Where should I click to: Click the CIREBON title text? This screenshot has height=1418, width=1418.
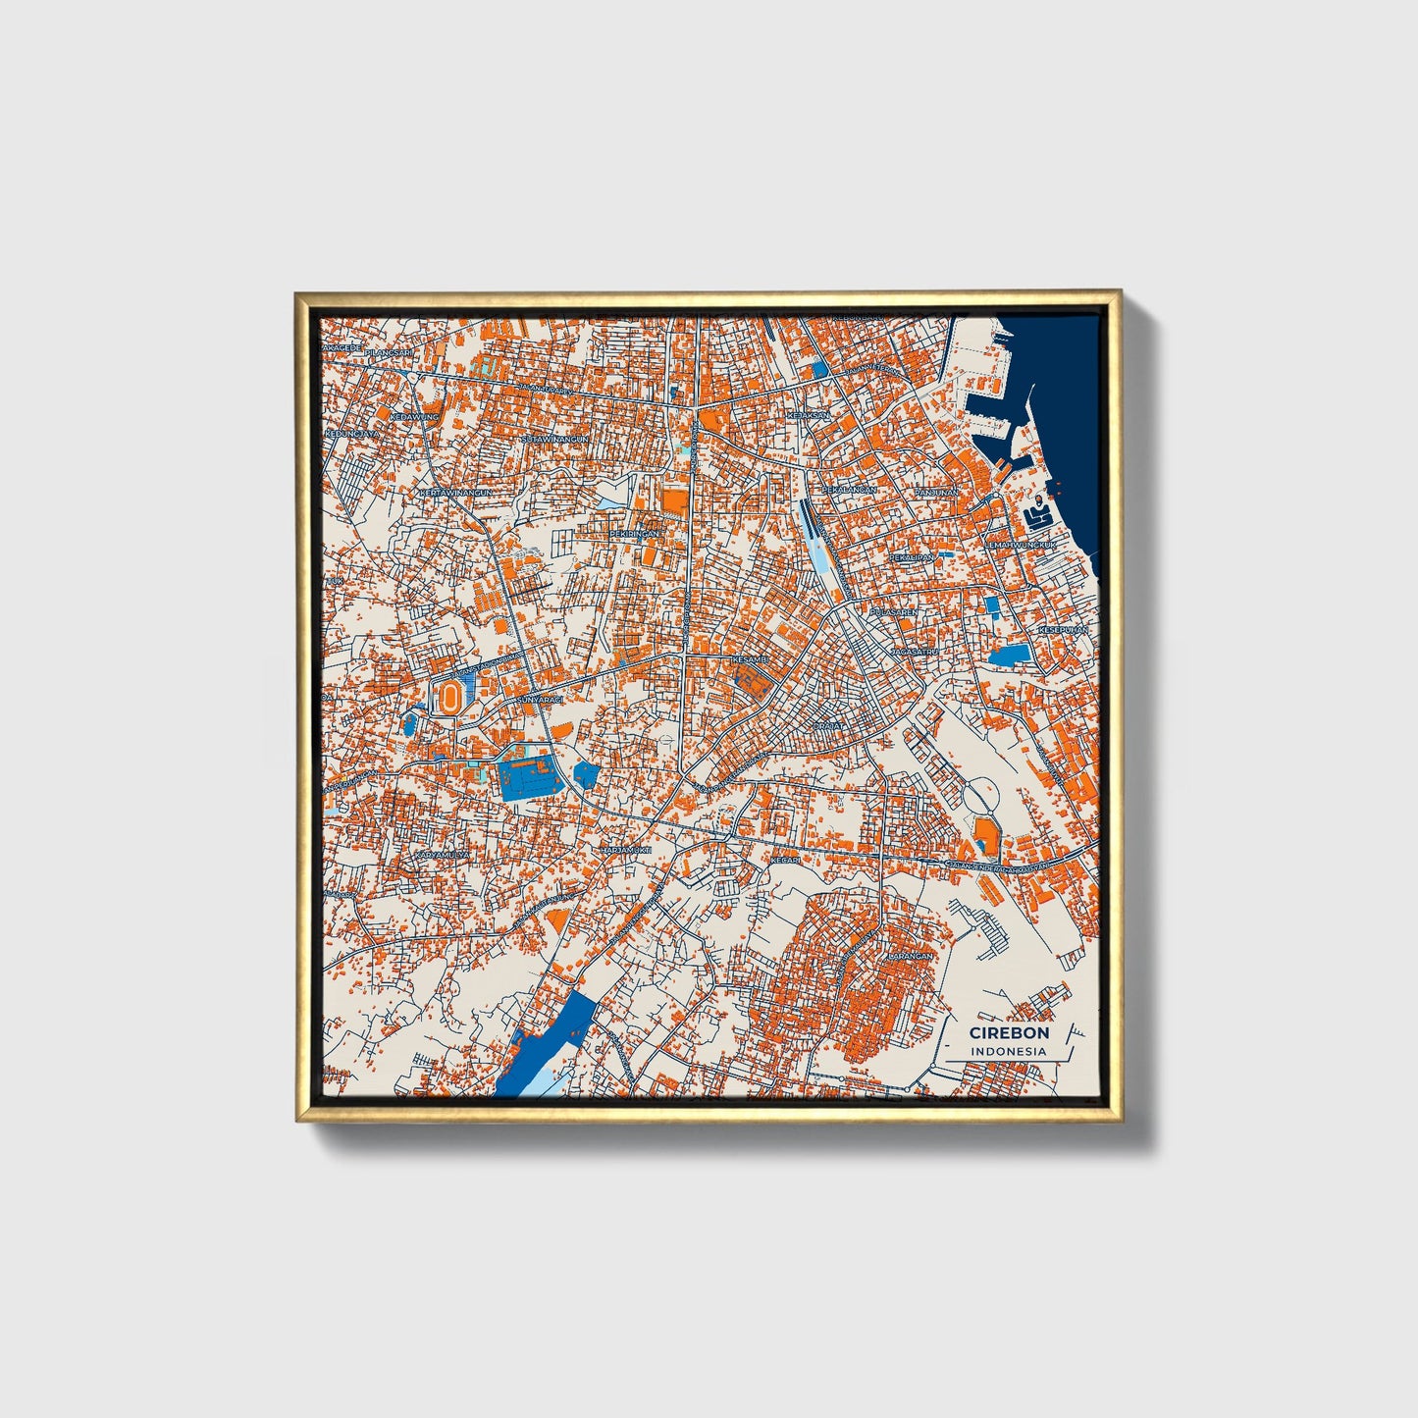tap(1009, 1032)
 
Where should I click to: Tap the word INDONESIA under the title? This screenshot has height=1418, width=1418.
tap(1008, 1051)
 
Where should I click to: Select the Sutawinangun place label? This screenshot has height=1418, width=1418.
tap(555, 439)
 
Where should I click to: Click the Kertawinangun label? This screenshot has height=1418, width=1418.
tap(454, 493)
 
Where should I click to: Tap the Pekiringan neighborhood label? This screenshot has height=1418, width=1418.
tap(635, 533)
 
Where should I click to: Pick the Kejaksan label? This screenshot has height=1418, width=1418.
tap(808, 415)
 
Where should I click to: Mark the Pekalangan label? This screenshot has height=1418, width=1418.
tap(849, 489)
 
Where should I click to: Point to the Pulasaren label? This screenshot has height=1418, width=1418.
tap(894, 612)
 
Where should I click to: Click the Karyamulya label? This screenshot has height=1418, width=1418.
tap(442, 855)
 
